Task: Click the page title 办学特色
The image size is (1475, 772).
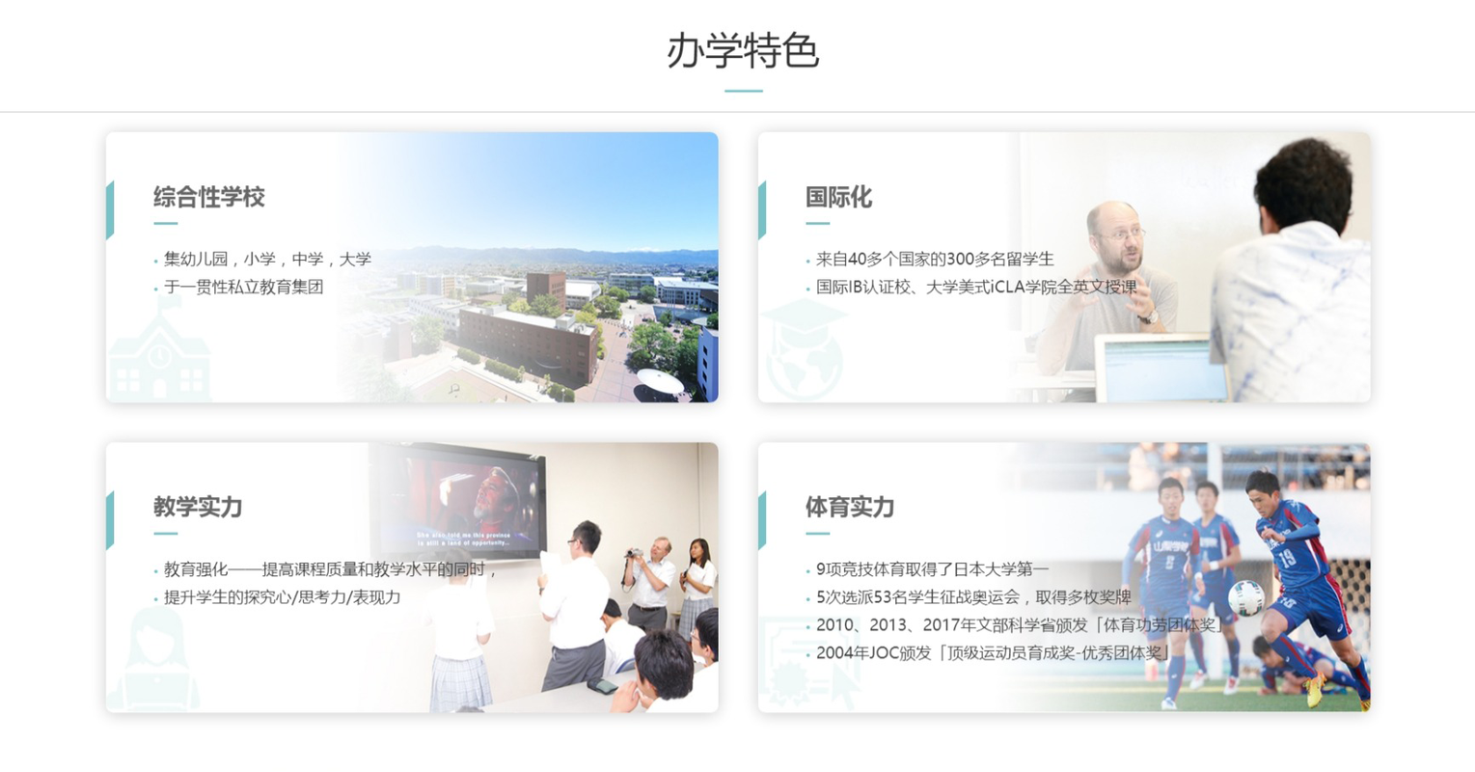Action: coord(742,51)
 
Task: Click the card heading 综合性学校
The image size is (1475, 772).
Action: coord(208,197)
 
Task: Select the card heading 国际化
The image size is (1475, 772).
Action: coord(838,197)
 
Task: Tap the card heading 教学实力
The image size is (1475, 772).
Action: coord(198,507)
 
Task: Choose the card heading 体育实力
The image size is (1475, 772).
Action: coord(850,507)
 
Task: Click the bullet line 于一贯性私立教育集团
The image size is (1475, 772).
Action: coord(243,287)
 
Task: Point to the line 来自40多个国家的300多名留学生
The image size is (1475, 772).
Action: coord(934,259)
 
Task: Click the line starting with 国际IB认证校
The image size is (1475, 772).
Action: coord(975,287)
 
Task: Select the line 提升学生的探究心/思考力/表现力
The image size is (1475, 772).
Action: coord(282,597)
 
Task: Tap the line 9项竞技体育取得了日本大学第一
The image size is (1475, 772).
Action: coord(931,569)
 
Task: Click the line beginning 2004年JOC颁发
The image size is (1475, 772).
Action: coord(992,653)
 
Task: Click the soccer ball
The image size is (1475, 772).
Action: coord(1245,598)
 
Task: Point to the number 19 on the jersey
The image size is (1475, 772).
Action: coord(1286,558)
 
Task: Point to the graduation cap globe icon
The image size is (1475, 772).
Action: coord(804,347)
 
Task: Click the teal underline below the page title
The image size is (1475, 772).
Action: coord(743,91)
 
